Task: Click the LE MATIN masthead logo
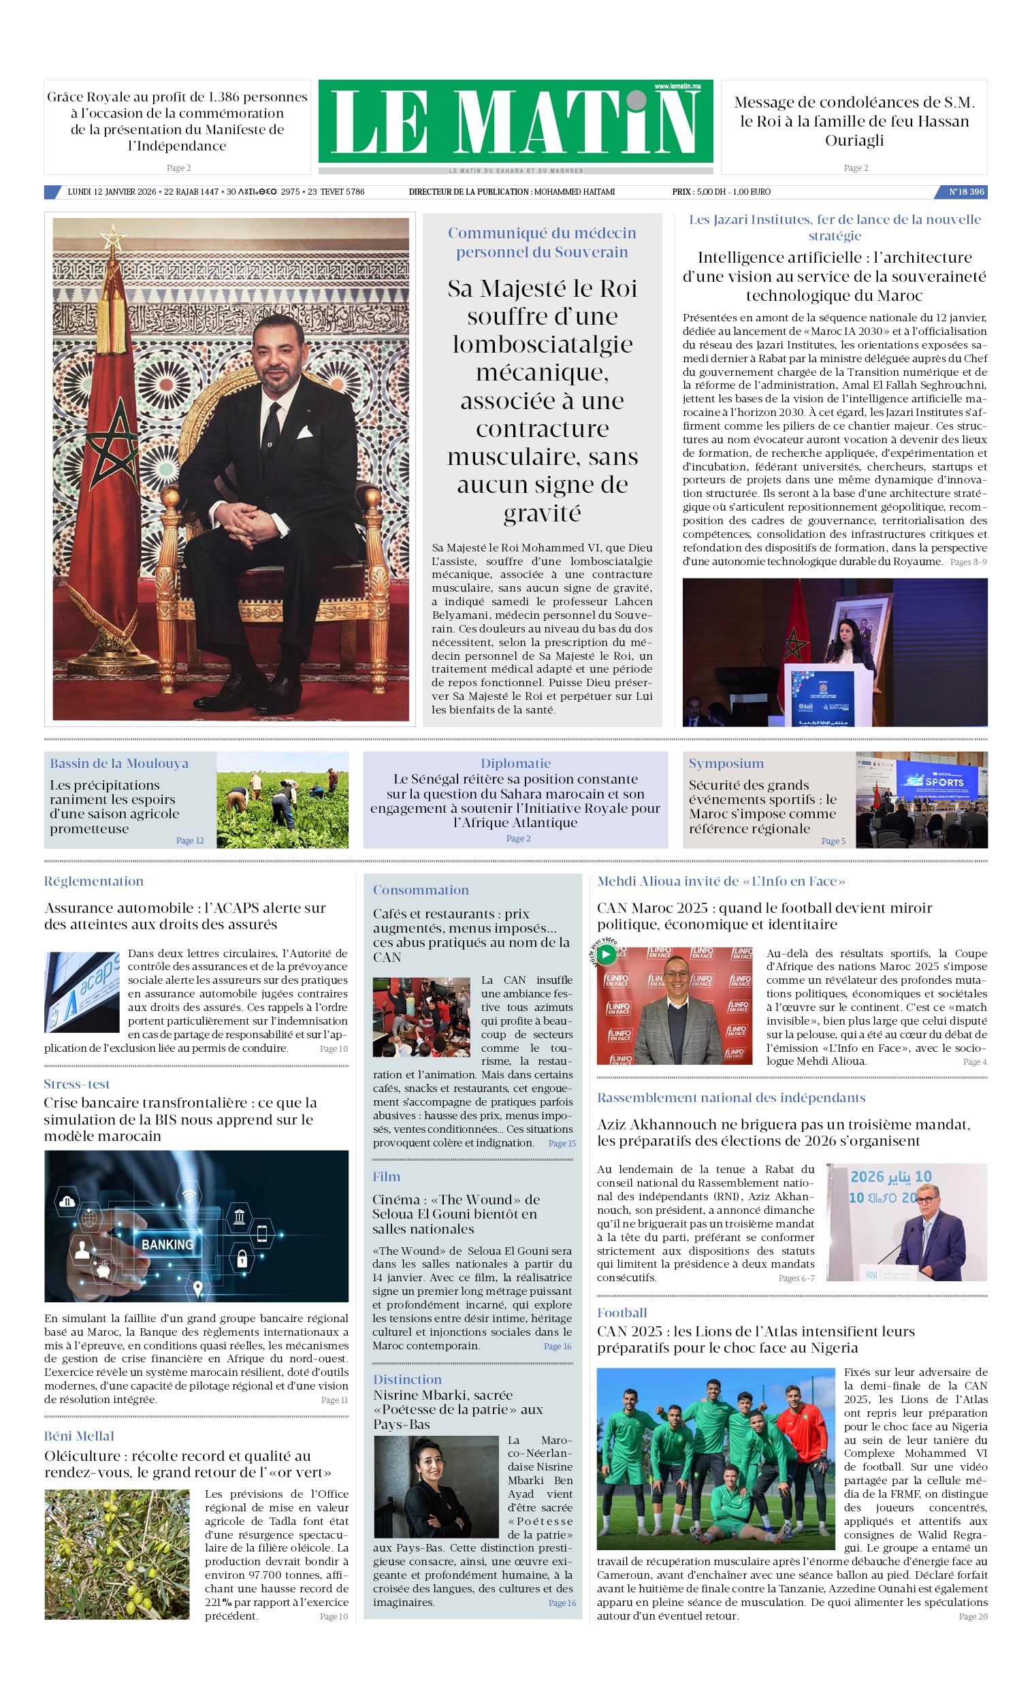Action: click(515, 122)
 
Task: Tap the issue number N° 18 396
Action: click(965, 191)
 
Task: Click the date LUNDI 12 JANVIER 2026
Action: click(112, 191)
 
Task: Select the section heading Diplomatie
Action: click(515, 762)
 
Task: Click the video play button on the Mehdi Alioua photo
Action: click(606, 954)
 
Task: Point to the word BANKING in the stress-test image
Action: click(167, 1244)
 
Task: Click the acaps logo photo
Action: click(82, 992)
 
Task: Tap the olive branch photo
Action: click(117, 1554)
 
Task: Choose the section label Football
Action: click(622, 1313)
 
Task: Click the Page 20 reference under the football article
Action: click(973, 1616)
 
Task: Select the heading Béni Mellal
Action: click(79, 1436)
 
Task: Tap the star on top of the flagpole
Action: click(112, 239)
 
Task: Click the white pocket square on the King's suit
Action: click(305, 432)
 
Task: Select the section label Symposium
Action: click(726, 762)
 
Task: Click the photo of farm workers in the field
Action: click(283, 799)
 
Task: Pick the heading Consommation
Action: click(421, 890)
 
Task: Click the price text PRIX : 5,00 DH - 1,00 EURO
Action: click(721, 191)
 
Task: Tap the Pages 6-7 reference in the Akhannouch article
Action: click(796, 1278)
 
